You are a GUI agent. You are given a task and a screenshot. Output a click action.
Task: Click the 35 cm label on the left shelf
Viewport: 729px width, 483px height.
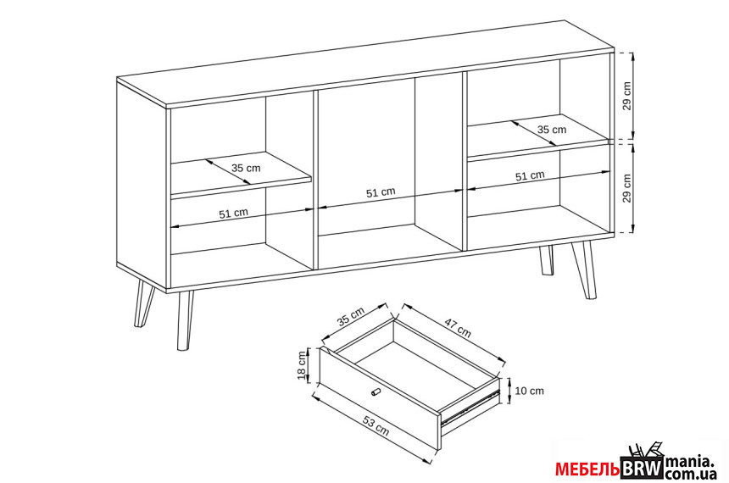coord(246,168)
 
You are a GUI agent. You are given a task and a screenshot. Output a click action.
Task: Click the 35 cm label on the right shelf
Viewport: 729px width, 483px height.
coord(552,130)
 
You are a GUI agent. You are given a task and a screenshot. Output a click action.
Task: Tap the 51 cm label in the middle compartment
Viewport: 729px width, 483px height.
coord(381,192)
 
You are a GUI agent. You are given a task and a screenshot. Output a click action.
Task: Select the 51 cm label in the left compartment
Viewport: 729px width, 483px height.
coord(233,214)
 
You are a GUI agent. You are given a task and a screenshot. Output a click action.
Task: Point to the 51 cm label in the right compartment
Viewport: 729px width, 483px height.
coord(530,175)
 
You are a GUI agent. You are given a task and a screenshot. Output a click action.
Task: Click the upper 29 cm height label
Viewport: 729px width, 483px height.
coord(626,96)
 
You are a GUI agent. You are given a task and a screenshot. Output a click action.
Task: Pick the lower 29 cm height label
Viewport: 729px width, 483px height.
coord(626,188)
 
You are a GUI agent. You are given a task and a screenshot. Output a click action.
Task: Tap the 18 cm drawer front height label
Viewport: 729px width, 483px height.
coord(303,365)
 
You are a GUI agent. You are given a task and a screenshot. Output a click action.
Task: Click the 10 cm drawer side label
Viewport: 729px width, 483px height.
coord(530,391)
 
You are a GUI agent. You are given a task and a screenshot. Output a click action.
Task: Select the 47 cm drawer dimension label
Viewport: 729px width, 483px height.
coord(458,328)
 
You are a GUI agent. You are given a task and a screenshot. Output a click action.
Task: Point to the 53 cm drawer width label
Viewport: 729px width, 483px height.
coord(376,426)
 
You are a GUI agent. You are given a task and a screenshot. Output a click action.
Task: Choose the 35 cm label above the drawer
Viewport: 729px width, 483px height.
coord(351,317)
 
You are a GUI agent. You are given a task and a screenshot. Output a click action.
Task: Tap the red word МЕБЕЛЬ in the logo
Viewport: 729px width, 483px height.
coord(587,469)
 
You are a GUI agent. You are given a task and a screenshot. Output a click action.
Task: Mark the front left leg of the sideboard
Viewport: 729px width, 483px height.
coord(186,320)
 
